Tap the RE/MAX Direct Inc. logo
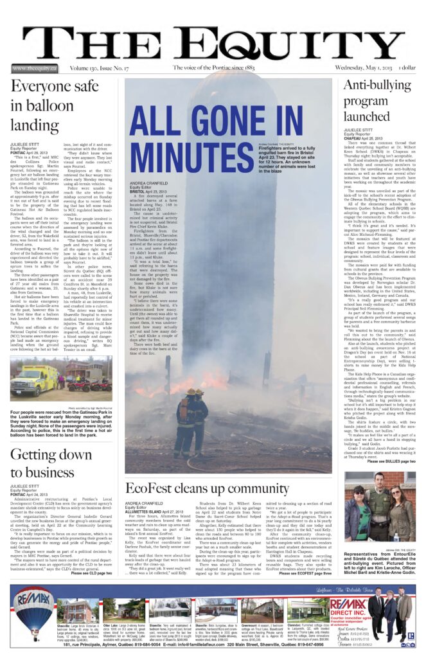coord(348,607)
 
